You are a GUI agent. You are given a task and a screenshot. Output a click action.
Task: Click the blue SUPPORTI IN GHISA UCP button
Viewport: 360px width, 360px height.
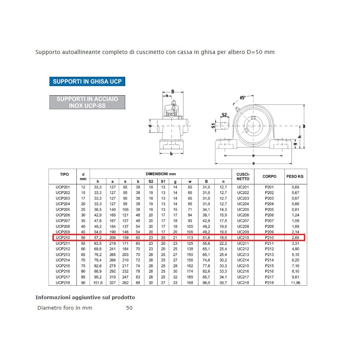point(87,81)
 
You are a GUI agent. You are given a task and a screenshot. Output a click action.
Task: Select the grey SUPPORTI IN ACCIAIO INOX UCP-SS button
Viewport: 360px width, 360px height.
point(87,102)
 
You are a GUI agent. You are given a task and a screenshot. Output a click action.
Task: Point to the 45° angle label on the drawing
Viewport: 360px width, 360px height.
point(243,98)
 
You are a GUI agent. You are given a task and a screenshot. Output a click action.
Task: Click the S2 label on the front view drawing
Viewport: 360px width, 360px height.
point(224,115)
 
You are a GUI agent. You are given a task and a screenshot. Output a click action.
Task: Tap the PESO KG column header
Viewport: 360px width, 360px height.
point(295,176)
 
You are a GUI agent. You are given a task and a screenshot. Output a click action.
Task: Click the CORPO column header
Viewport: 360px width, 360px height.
point(269,176)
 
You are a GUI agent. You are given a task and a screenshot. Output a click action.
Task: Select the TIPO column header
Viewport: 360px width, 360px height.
point(64,174)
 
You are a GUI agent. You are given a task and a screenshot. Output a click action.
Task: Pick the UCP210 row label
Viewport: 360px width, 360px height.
point(63,238)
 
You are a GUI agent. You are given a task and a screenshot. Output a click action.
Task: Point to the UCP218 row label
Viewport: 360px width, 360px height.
point(63,282)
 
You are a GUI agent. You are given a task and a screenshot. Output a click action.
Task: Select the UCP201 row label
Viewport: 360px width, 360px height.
point(63,187)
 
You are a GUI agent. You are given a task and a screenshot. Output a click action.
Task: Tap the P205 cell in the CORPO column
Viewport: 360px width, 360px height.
point(269,210)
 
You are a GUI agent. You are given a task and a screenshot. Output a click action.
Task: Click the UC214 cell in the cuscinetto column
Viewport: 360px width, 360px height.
point(243,260)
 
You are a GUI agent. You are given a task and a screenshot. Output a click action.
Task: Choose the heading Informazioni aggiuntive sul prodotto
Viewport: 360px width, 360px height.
point(85,298)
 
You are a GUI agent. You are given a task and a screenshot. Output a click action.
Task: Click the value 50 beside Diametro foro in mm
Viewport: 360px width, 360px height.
point(129,308)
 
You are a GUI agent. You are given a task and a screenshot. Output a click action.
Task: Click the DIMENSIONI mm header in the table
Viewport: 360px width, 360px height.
point(160,174)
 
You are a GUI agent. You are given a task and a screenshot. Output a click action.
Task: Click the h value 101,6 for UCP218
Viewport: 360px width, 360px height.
point(98,282)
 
